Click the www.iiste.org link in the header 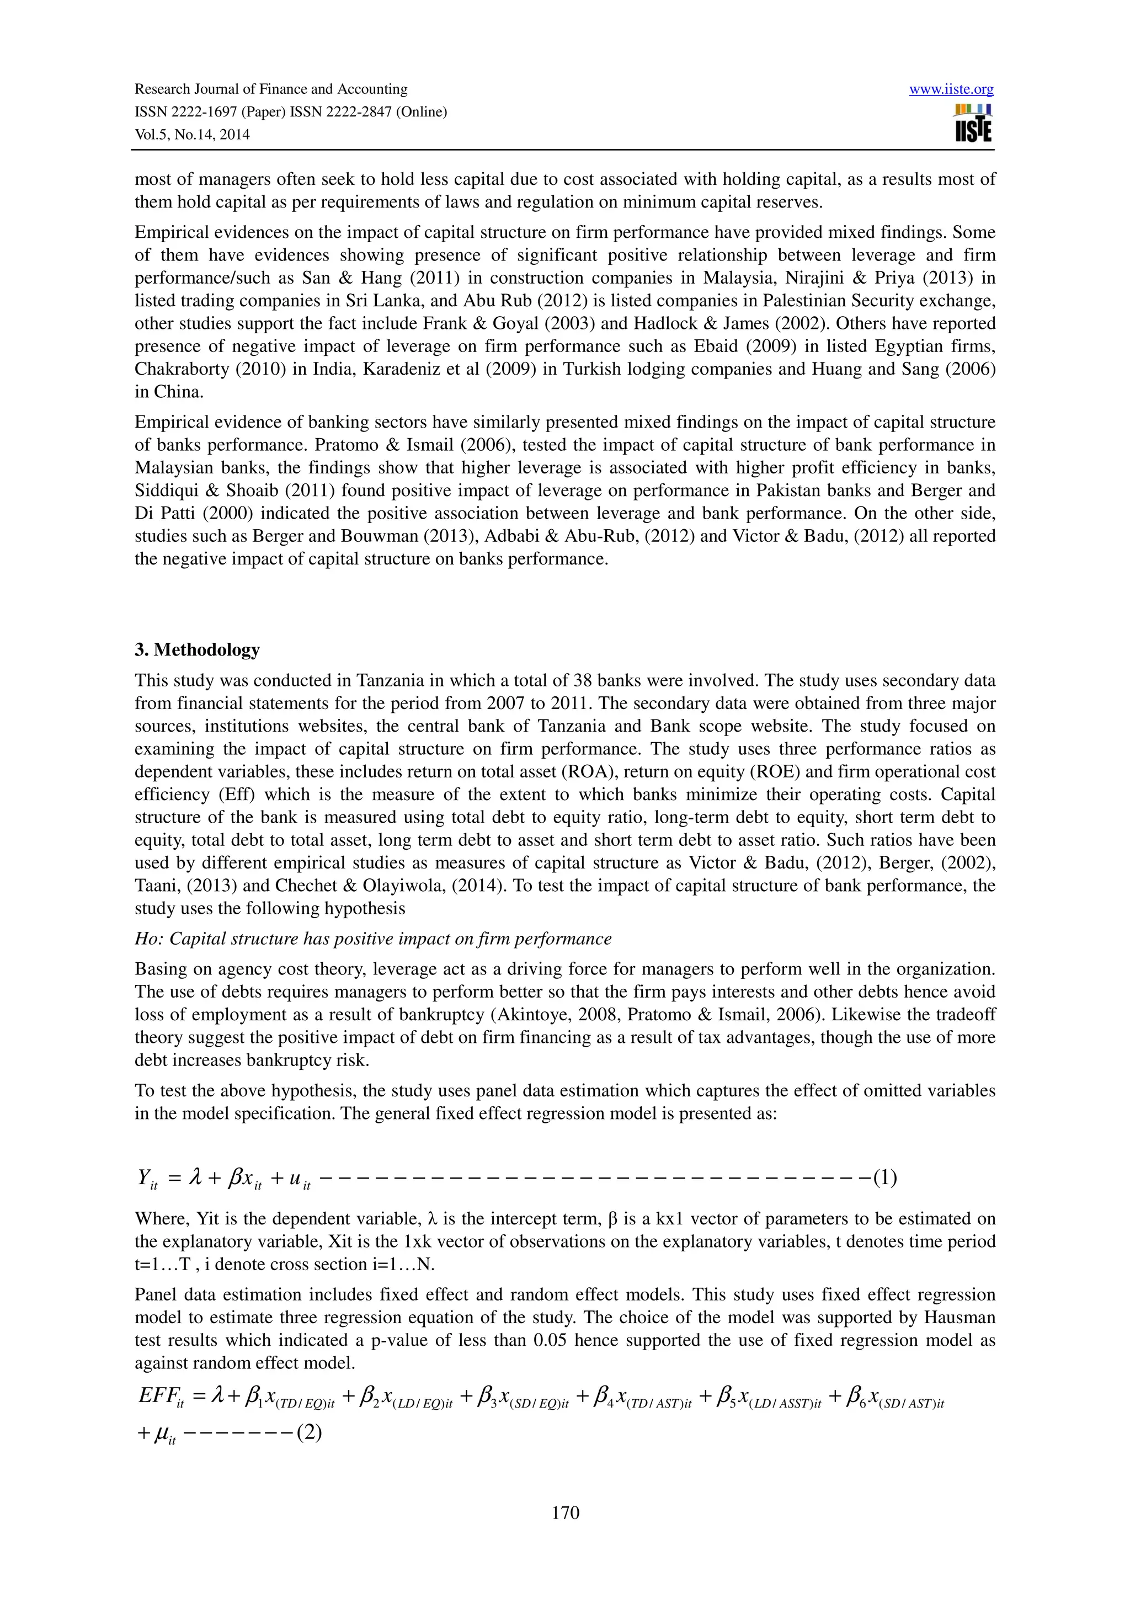[951, 89]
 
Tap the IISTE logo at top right [973, 123]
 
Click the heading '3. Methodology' [197, 650]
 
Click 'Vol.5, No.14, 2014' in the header [191, 135]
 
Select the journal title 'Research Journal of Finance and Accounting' [271, 89]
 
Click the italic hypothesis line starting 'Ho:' [372, 939]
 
